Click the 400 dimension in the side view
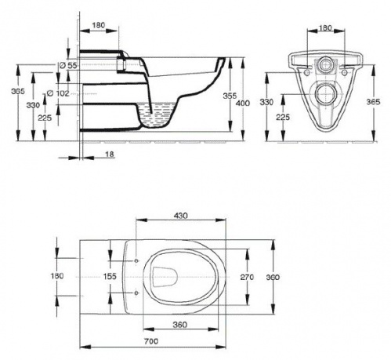243,104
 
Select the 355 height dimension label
230,96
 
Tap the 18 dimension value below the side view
110,155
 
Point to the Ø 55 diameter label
68,65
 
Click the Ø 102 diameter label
58,93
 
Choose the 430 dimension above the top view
181,216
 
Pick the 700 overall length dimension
151,341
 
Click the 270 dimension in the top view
247,277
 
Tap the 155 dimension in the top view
110,276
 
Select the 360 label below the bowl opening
180,325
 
